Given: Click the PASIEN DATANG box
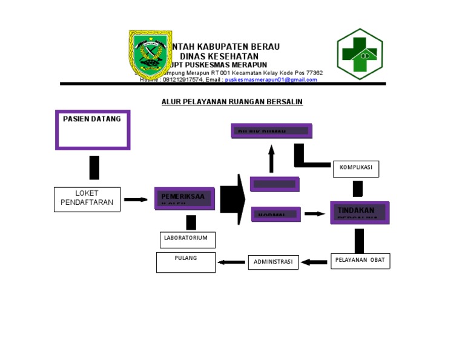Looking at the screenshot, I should [93, 129].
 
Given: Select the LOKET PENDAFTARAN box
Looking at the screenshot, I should [87, 199].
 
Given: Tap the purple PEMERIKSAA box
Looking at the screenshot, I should [184, 198].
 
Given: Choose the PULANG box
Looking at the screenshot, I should [186, 262].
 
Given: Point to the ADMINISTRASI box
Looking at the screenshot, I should [273, 262].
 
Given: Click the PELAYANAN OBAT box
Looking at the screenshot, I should [360, 261].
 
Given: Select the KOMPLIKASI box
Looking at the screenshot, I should [356, 169].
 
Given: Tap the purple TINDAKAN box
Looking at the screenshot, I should [360, 212].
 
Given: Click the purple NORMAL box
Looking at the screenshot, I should [275, 214].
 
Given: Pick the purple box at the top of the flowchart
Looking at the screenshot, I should [271, 130].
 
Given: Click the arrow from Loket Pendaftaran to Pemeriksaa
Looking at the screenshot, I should [136, 199].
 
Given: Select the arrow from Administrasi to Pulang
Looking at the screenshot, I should [231, 262].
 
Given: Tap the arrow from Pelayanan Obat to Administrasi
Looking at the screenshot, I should [314, 262].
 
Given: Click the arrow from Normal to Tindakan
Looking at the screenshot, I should [314, 214].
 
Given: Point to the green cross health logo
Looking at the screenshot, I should [360, 54].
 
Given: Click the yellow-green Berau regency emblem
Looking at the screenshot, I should [150, 54].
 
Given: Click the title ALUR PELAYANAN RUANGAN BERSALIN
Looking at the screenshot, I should [232, 102].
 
